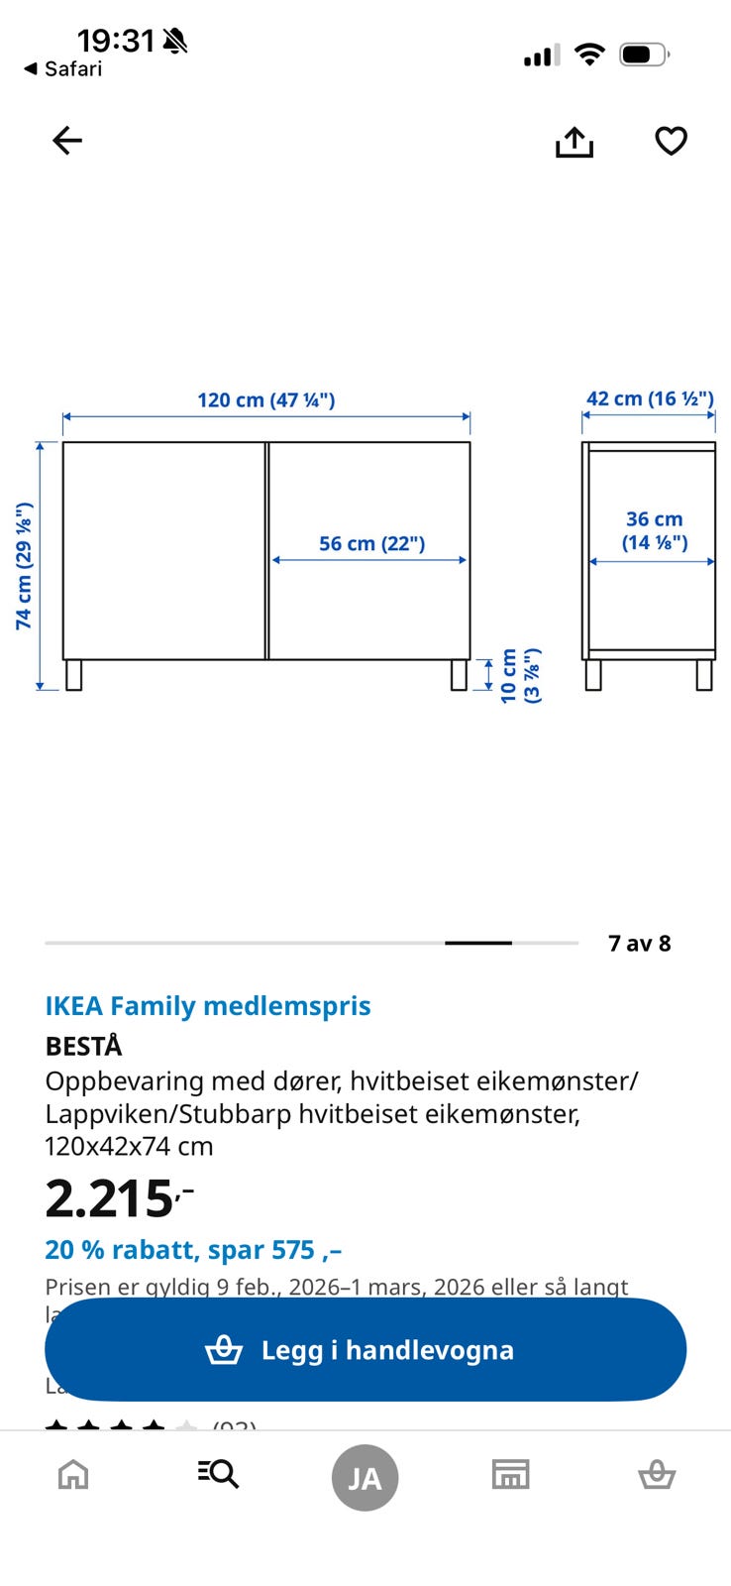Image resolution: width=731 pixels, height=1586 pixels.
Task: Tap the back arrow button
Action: [x=67, y=141]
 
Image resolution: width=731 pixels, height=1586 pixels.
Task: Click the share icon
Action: [x=574, y=142]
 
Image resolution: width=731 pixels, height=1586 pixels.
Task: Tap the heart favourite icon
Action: [x=671, y=141]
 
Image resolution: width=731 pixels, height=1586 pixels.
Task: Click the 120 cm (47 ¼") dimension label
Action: [x=265, y=400]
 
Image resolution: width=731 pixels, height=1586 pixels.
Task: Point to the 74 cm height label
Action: [x=24, y=566]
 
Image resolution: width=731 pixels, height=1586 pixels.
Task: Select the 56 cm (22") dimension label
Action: [x=371, y=543]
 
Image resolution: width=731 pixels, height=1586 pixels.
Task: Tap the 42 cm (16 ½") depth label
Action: [x=649, y=398]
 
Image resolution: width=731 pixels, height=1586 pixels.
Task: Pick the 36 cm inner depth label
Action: [x=654, y=530]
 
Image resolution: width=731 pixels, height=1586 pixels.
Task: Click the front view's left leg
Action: [x=73, y=675]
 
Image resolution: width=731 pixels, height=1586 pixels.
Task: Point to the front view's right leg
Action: [x=459, y=675]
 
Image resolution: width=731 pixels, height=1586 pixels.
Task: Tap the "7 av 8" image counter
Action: [x=639, y=943]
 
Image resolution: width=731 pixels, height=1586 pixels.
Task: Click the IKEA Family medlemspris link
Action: [x=208, y=1006]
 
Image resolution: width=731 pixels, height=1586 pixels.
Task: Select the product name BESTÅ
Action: [x=84, y=1046]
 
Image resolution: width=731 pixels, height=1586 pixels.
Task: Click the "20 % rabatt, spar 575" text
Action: [x=193, y=1250]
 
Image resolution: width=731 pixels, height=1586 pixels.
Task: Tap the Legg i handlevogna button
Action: [x=365, y=1349]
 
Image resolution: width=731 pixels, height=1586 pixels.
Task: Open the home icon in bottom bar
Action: [x=73, y=1475]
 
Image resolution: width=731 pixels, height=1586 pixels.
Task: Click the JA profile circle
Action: [x=365, y=1478]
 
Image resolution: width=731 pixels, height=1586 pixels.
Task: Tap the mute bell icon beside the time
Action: [x=175, y=41]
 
